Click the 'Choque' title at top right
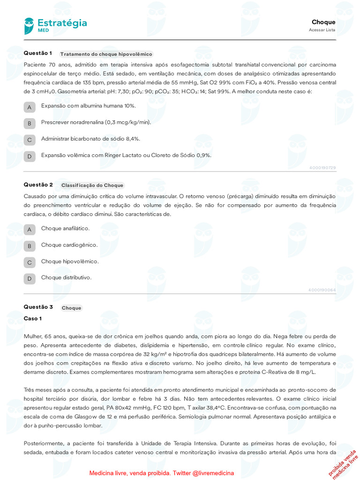[x=323, y=22]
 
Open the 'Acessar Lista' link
[x=322, y=30]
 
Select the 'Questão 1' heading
[x=37, y=53]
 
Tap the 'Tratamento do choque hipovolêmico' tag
[x=106, y=54]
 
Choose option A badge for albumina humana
[x=30, y=107]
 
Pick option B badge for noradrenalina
[x=30, y=123]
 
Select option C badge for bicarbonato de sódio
[x=30, y=140]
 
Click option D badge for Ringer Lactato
[x=30, y=156]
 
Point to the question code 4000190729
[x=322, y=168]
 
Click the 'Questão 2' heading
[x=38, y=185]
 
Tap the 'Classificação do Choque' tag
[x=92, y=185]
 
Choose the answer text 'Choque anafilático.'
[x=65, y=228]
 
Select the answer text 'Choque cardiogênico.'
[x=69, y=245]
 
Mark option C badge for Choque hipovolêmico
[x=30, y=262]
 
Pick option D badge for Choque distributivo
[x=30, y=279]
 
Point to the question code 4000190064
[x=322, y=290]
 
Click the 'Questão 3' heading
[x=38, y=307]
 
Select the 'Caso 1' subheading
[x=33, y=319]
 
